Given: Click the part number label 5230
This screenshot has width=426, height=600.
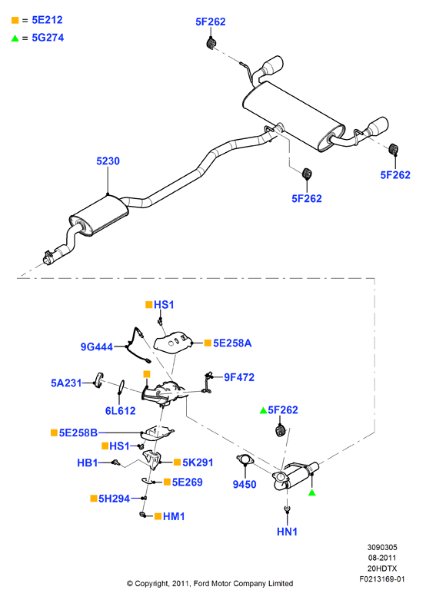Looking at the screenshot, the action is [108, 161].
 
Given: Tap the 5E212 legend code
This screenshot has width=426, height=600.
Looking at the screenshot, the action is [47, 20].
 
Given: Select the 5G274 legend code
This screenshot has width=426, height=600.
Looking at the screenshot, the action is [48, 38].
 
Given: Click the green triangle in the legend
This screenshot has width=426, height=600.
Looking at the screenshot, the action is [15, 38].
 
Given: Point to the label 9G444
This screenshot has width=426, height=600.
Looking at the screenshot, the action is [97, 346].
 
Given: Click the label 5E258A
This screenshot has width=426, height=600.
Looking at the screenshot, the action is [232, 343].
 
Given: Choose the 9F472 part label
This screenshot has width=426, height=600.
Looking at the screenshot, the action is [239, 377].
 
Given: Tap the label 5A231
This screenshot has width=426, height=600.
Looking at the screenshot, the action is [66, 383].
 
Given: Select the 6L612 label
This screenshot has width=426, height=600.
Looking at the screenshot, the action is [120, 410].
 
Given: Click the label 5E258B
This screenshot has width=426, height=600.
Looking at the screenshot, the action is [78, 433].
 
